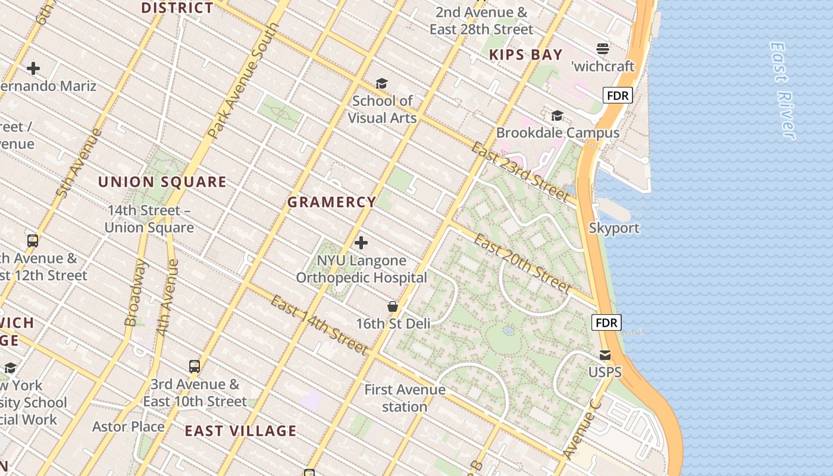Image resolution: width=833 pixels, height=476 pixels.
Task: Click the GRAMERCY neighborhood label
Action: coord(331,202)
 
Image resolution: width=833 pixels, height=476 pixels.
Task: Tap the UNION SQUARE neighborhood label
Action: coord(162,182)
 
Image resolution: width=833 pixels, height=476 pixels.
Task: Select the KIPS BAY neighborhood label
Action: coord(525,55)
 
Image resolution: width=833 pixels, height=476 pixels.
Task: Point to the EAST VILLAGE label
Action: coord(240,431)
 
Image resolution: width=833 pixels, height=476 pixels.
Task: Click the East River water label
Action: coord(782,90)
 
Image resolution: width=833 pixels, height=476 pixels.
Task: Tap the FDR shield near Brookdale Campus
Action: coord(618,95)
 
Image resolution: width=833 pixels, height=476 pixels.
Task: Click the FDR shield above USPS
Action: coord(606,323)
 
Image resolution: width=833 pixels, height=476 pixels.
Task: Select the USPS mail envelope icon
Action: coord(605,355)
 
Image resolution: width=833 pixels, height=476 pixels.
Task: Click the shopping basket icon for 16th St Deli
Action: coord(393,306)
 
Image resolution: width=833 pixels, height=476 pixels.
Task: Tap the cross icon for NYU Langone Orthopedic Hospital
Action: coord(361,243)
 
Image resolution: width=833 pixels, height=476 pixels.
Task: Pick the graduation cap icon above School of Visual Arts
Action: coord(381,84)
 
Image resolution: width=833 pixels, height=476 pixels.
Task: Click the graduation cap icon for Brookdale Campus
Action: coord(558,115)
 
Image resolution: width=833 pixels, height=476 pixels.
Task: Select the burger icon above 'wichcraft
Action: coord(603,49)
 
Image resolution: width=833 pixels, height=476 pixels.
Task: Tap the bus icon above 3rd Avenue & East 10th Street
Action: coord(195,367)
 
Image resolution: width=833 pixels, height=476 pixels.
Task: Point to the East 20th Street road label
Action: coord(522,262)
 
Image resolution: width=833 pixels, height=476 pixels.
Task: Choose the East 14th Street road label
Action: coord(319,325)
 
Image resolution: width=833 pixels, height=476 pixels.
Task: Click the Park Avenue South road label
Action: coord(245,81)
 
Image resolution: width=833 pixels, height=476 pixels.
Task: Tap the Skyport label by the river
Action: coord(614,228)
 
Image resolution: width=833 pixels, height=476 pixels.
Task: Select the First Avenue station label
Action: coord(405,398)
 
